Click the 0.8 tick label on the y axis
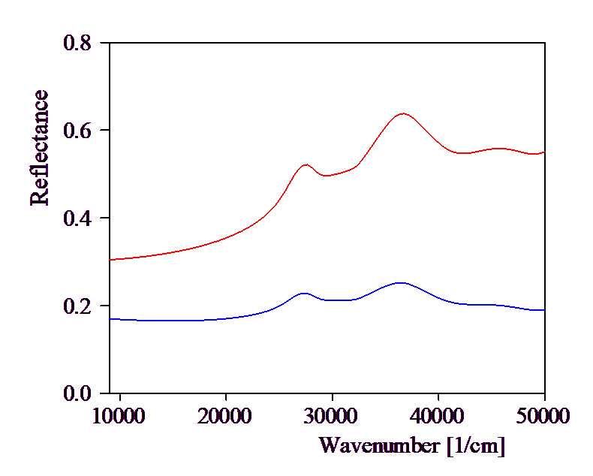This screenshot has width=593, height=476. click(77, 43)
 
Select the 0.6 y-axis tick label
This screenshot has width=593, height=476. click(77, 131)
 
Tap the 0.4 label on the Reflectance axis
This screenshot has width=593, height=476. click(77, 218)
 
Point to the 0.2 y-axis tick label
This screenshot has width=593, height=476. click(77, 306)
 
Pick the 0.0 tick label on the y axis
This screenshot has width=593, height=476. click(77, 393)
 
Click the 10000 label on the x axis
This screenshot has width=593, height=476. click(119, 415)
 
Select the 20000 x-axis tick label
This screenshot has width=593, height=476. click(224, 415)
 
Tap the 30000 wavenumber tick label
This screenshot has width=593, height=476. click(330, 415)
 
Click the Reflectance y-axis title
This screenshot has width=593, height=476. click(39, 148)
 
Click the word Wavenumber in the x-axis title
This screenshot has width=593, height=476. click(379, 445)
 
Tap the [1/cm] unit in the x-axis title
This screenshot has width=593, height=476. click(476, 445)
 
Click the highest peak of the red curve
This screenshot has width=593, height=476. click(403, 113)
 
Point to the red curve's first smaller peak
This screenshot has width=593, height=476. click(306, 164)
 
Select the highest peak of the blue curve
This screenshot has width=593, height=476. click(401, 282)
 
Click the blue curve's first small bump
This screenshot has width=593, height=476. click(304, 293)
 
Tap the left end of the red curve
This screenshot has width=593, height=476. click(110, 260)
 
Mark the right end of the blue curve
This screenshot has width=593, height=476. click(544, 310)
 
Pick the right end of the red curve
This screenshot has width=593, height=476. click(544, 152)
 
